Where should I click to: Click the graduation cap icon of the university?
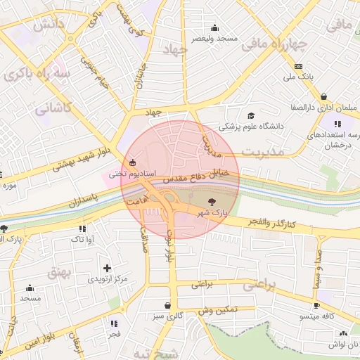pyautogui.click(x=251, y=115)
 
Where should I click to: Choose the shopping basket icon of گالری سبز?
pyautogui.click(x=167, y=305)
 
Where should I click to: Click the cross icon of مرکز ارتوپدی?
pyautogui.click(x=107, y=268)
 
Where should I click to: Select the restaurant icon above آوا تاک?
pyautogui.click(x=83, y=229)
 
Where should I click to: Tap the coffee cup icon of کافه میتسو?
pyautogui.click(x=316, y=305)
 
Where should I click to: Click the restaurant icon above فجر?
pyautogui.click(x=113, y=323)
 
